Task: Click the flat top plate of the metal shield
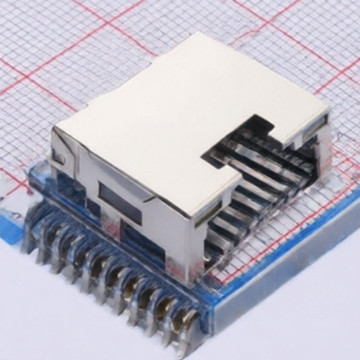(162, 112)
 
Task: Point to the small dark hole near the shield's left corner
(58, 157)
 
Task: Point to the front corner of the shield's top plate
(190, 214)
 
